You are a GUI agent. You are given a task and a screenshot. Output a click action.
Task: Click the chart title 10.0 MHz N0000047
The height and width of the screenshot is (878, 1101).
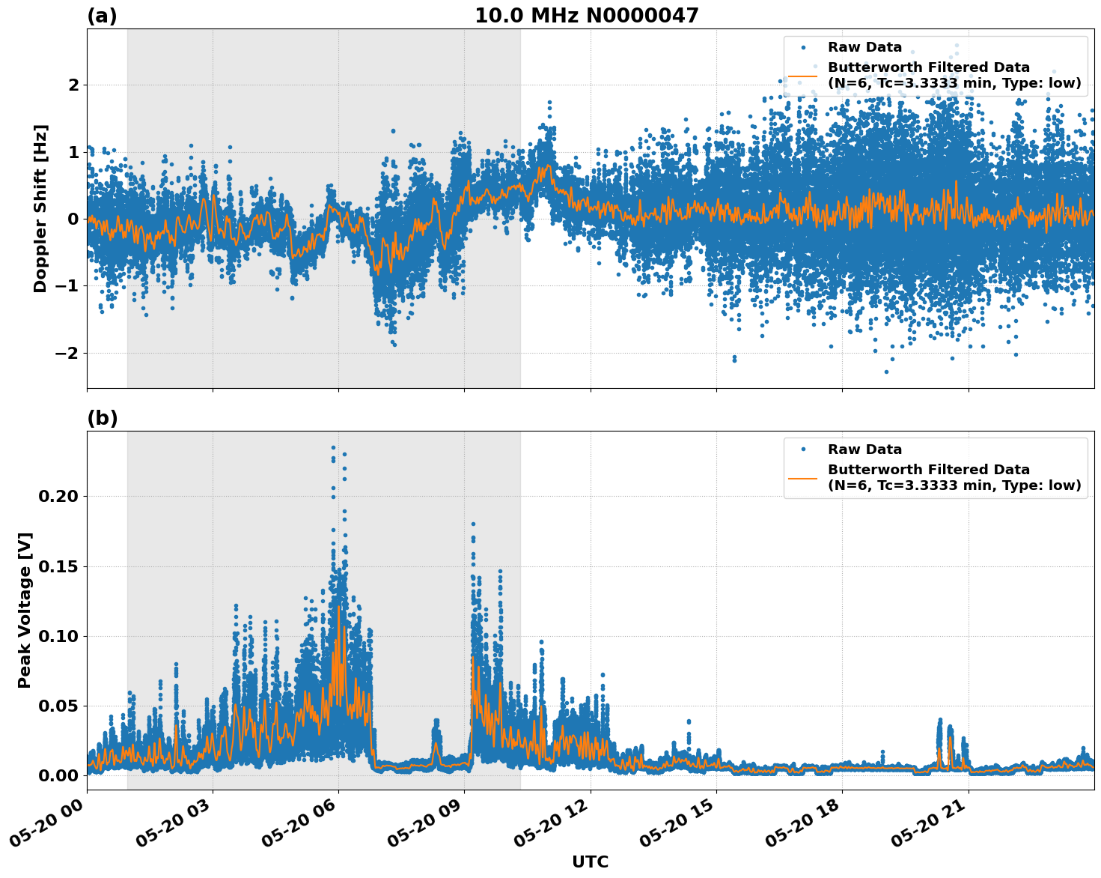[586, 16]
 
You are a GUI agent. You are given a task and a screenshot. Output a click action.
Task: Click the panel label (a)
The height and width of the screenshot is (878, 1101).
[102, 16]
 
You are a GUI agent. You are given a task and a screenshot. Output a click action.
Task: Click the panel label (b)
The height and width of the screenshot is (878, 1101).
[102, 418]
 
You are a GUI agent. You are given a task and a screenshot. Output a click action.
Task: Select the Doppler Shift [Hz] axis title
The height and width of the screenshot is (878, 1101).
[40, 208]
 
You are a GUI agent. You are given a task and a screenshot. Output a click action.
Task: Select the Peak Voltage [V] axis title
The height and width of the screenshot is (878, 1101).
[25, 610]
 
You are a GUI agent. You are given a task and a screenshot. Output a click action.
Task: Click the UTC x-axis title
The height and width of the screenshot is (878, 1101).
[590, 862]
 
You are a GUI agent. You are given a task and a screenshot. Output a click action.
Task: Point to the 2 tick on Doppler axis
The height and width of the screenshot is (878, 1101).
[73, 85]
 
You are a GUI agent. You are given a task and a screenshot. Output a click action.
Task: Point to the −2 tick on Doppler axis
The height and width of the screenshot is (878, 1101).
[68, 353]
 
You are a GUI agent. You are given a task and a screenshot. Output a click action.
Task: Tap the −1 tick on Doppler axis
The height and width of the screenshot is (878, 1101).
[68, 286]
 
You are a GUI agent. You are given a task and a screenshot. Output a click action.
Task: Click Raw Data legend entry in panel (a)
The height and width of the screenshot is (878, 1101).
[864, 48]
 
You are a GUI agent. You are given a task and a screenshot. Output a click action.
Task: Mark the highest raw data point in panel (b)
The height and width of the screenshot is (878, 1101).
[333, 447]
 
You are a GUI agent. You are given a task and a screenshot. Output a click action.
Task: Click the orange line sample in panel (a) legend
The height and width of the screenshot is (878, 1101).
[803, 76]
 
